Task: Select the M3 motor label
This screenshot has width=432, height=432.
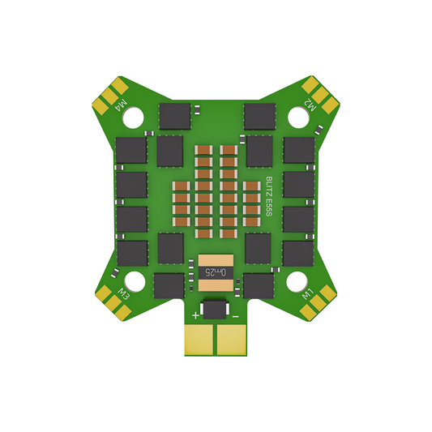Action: [124, 293]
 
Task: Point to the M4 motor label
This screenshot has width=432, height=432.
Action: [122, 105]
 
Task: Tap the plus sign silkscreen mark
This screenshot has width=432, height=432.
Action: [195, 314]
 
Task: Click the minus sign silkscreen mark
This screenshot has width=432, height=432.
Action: [236, 314]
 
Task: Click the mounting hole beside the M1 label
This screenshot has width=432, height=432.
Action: [297, 283]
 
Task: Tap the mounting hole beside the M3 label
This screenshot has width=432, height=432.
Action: [135, 283]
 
